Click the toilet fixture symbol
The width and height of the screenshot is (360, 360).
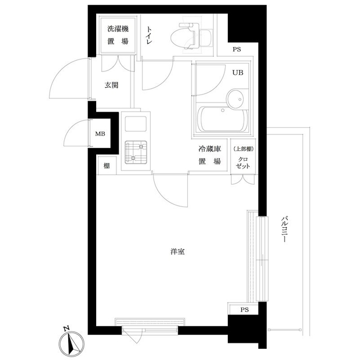pos(190,35)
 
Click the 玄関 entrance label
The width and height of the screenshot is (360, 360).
pos(111,85)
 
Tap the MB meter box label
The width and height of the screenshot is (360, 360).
pos(100,133)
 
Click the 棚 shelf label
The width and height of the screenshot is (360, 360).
pos(105,166)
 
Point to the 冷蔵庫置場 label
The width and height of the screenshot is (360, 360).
pos(208,155)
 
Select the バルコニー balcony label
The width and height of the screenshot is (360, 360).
pos(285,230)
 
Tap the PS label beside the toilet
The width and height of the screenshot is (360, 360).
pos(238,49)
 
